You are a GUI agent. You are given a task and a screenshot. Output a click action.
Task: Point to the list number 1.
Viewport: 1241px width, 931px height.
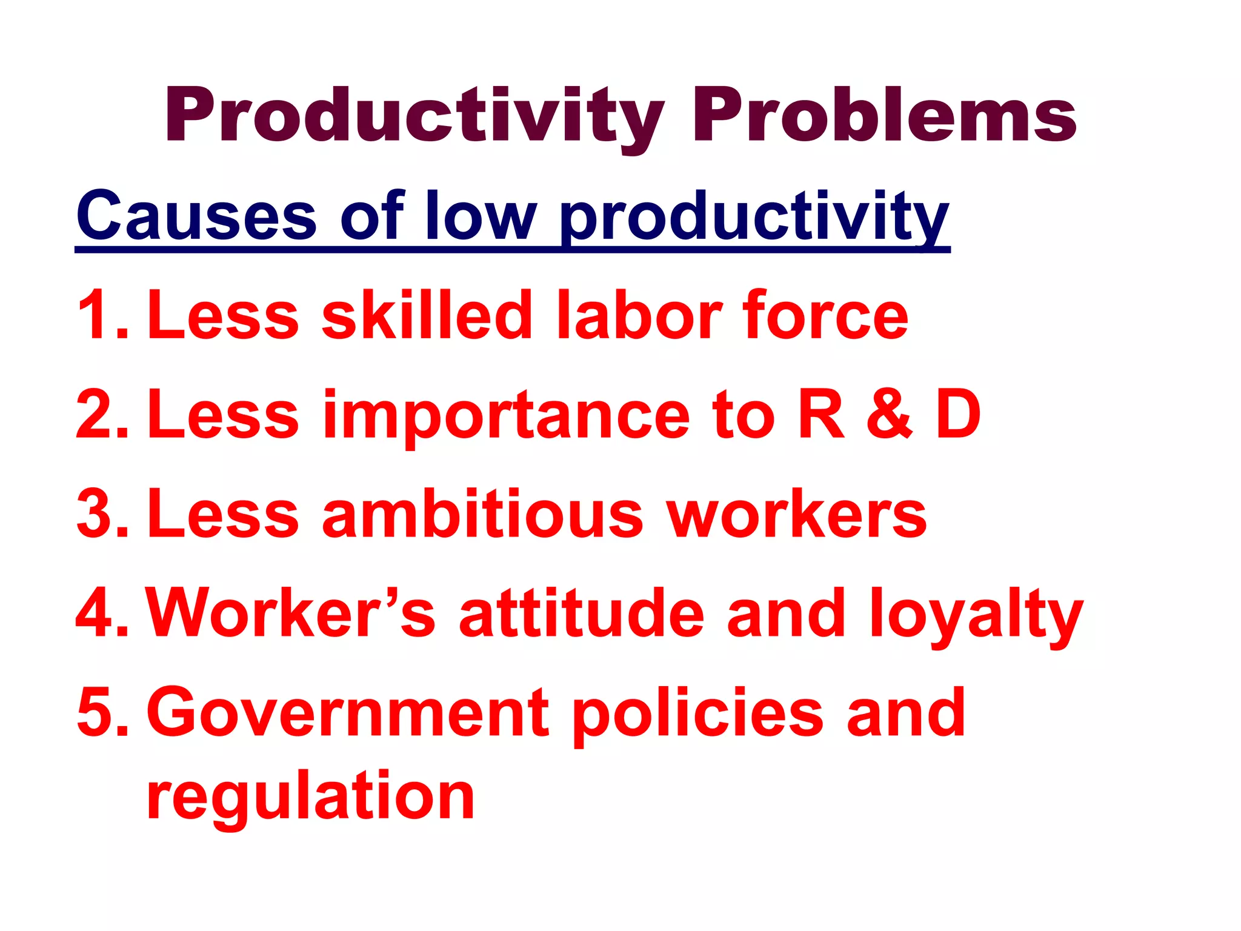point(102,315)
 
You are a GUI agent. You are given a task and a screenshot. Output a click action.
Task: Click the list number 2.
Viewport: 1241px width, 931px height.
point(102,415)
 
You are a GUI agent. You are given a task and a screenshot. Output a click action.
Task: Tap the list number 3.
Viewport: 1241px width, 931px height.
point(102,514)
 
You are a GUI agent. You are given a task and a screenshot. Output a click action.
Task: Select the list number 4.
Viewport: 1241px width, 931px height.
point(102,613)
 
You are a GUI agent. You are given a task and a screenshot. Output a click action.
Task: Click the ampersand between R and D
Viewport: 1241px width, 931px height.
point(890,415)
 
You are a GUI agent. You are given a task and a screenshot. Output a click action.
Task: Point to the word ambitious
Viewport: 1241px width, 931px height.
point(482,514)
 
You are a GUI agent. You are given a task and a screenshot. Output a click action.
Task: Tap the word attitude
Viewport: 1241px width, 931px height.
point(582,613)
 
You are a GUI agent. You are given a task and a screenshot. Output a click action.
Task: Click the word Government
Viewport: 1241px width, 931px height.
point(348,713)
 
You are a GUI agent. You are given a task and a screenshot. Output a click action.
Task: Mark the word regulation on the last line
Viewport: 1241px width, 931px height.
point(310,798)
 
